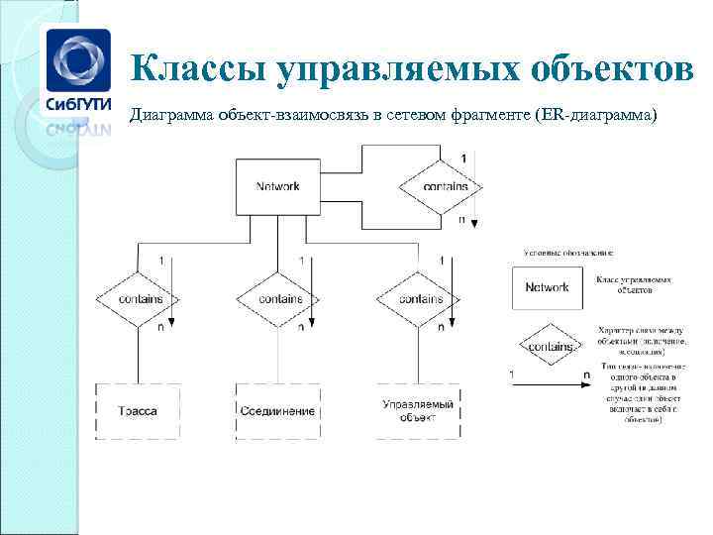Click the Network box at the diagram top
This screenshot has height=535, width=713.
(x=277, y=186)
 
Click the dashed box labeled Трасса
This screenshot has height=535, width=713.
(x=138, y=410)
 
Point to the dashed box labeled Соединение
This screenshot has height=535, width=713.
(x=277, y=410)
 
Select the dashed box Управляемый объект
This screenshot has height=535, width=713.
(x=418, y=410)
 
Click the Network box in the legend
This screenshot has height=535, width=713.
(x=547, y=287)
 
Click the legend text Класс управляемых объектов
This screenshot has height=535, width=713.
(x=634, y=285)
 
